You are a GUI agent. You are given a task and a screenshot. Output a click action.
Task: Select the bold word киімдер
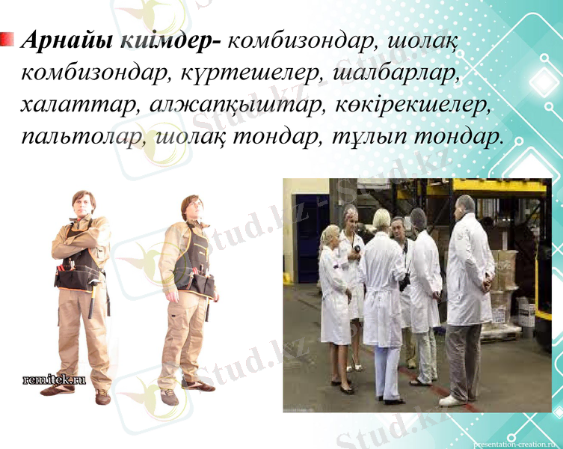(x=169, y=40)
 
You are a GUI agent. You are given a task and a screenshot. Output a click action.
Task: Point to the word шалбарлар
(x=388, y=73)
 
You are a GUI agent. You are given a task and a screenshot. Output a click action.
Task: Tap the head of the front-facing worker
(x=83, y=202)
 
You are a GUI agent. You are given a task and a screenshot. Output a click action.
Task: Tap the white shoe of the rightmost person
(x=451, y=400)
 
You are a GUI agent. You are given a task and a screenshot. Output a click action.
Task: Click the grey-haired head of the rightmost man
(x=465, y=204)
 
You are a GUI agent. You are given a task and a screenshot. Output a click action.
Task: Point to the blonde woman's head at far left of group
(x=328, y=235)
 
